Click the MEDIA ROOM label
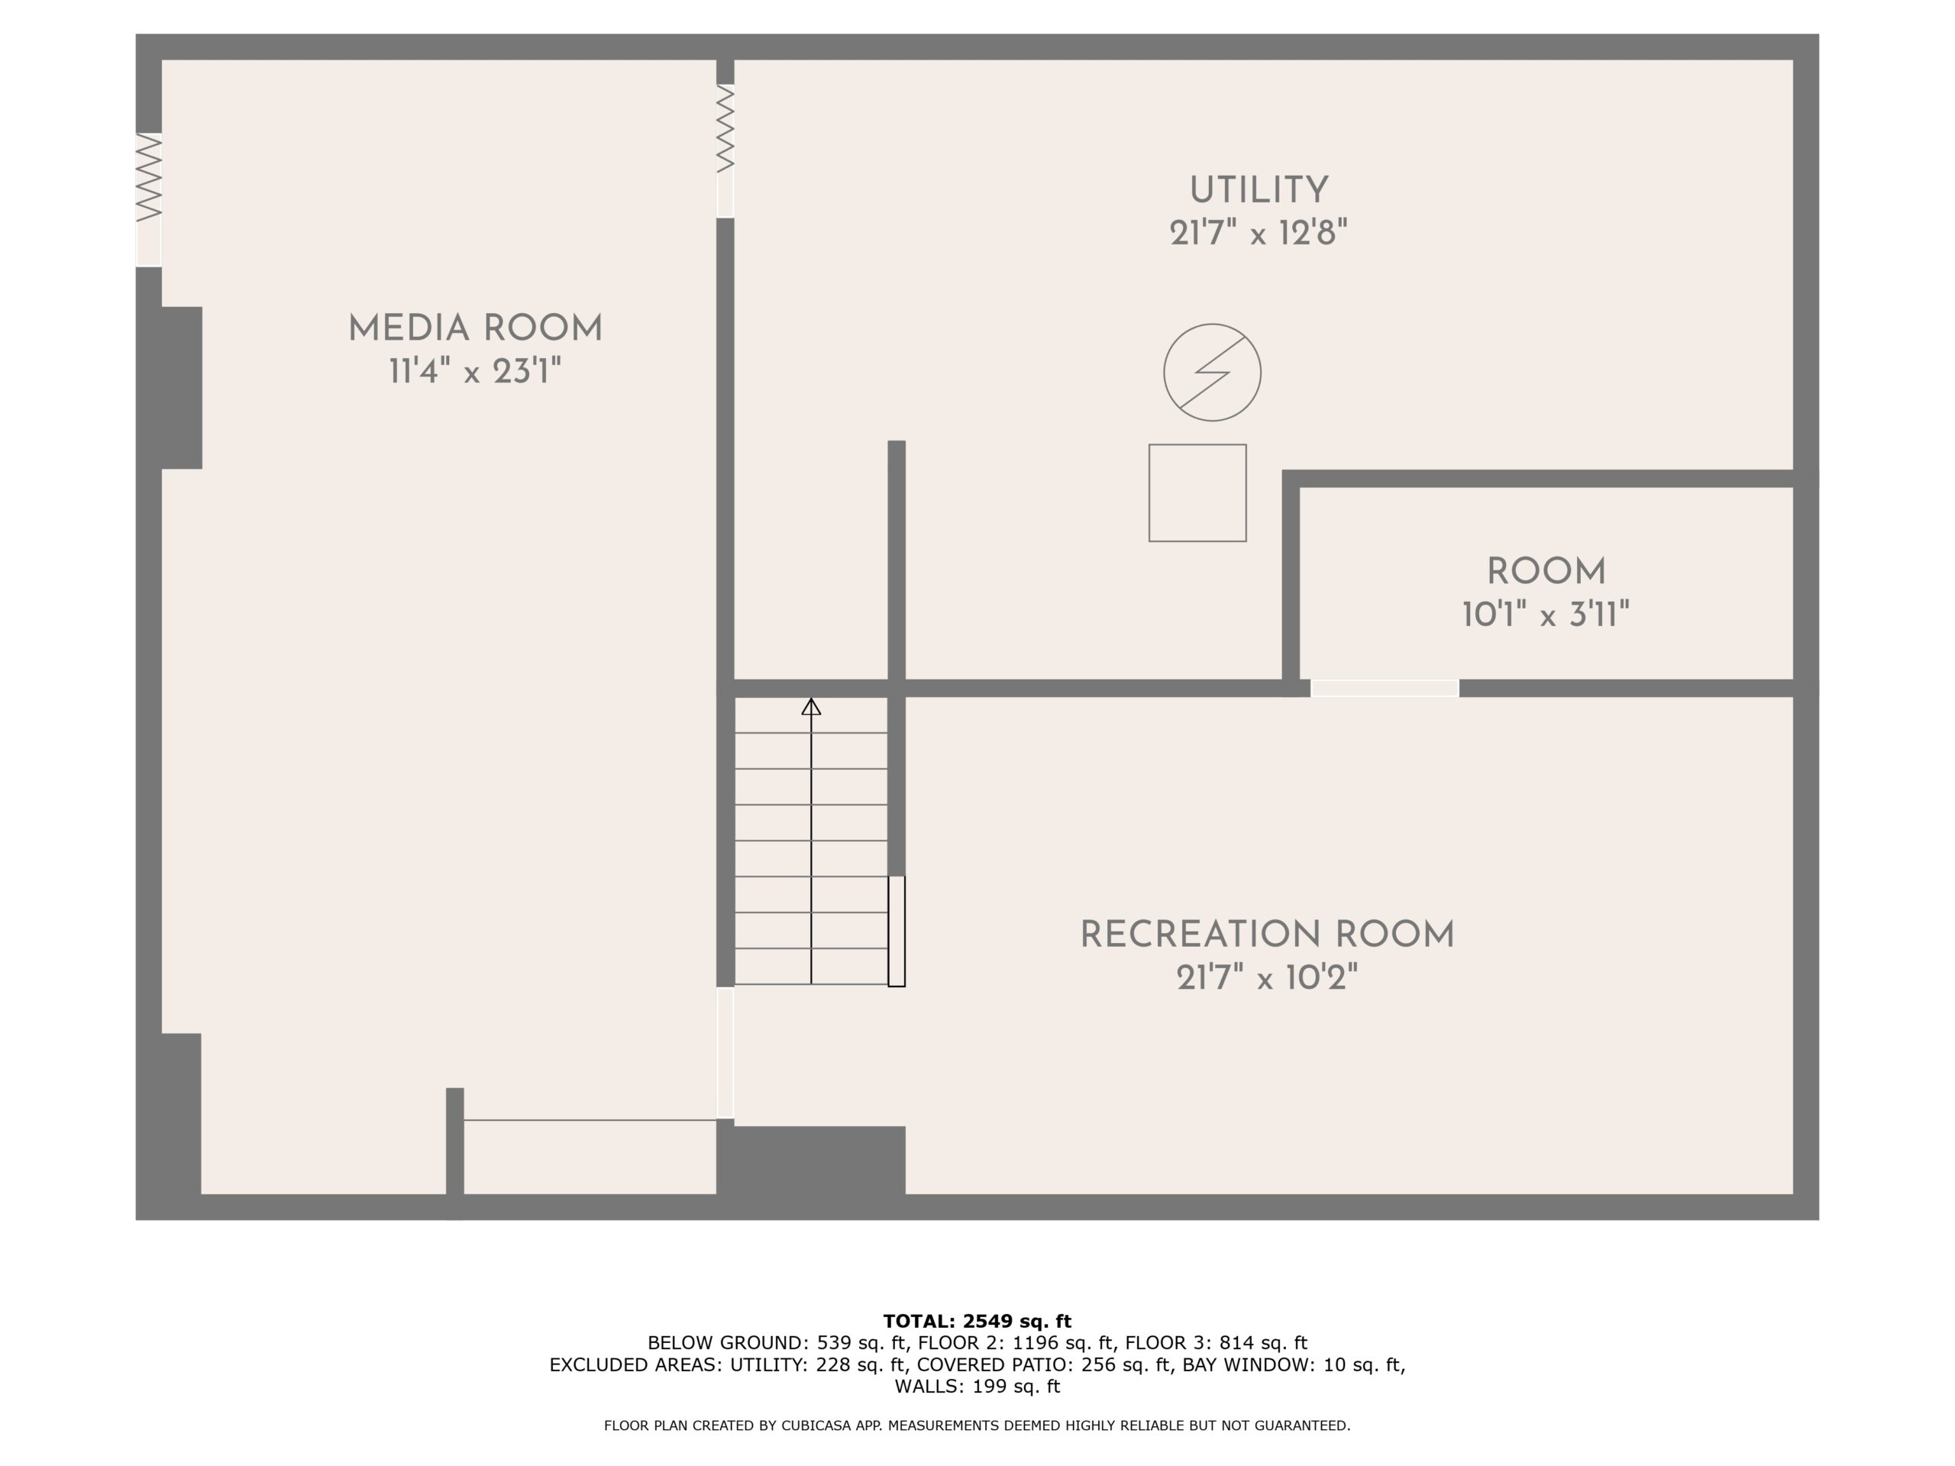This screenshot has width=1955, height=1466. pos(476,329)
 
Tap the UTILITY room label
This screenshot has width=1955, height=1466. pos(1259,191)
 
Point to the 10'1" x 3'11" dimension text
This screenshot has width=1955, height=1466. pos(1546,614)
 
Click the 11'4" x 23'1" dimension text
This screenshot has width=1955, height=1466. pos(476,371)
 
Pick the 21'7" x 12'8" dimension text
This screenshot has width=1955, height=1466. pos(1259,234)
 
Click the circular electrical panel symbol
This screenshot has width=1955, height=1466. pos(1212,372)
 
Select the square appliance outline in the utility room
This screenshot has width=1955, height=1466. pos(1197,493)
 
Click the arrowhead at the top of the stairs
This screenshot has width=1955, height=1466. pos(811,706)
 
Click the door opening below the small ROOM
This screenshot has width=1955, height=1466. pos(1384,689)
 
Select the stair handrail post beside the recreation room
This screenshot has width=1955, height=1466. pos(897,931)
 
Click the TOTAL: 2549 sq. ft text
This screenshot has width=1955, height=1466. pos(977,1321)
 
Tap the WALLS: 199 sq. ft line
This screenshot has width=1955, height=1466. pos(977,1387)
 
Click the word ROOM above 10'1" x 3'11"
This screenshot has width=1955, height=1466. pos(1546,572)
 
